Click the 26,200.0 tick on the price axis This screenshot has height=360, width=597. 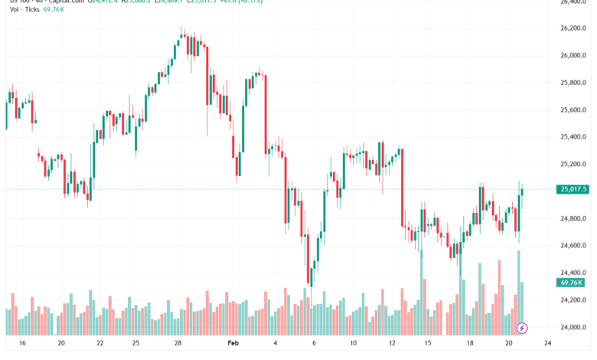(x=573, y=28)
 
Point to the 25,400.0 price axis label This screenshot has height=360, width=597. (x=573, y=137)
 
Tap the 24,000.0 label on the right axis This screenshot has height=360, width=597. (x=573, y=327)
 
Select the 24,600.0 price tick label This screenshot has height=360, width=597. (x=573, y=245)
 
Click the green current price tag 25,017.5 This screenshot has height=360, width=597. (x=573, y=189)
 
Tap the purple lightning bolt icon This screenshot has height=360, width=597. (x=522, y=328)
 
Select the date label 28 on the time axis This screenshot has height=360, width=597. (x=178, y=343)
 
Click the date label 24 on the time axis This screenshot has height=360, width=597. (x=547, y=343)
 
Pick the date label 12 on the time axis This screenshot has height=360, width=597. (x=391, y=343)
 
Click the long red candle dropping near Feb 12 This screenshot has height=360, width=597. (x=402, y=188)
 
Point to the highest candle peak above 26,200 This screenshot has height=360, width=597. (x=181, y=31)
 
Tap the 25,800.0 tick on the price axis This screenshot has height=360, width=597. (x=573, y=83)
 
